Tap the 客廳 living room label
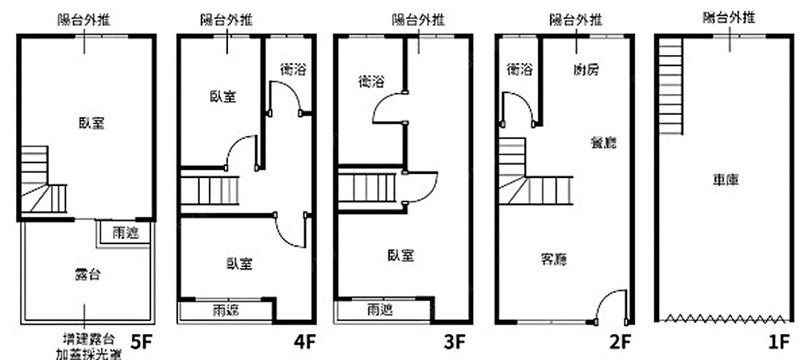(x=553, y=260)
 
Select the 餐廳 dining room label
(x=604, y=143)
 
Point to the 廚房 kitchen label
(x=585, y=70)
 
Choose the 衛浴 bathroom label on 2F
(x=519, y=70)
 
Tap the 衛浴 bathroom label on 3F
(x=370, y=81)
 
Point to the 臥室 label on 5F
(x=91, y=123)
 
